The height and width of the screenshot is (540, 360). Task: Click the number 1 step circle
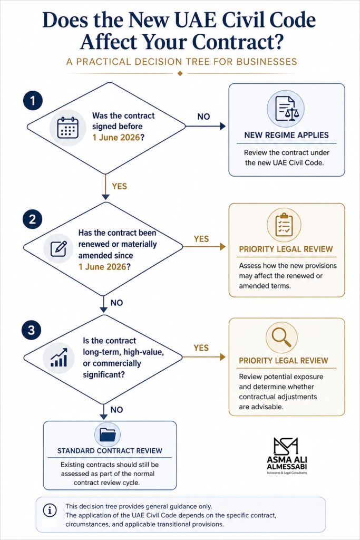(33, 101)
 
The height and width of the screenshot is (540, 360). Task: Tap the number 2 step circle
(32, 219)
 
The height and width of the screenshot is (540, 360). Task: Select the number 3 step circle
(31, 330)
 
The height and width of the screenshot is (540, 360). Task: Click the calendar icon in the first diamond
(68, 128)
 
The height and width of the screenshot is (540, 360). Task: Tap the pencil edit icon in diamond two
(59, 248)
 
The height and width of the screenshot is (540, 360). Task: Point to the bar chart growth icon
(59, 357)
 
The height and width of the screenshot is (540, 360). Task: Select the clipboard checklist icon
(284, 225)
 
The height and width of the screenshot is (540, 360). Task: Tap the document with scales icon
(286, 109)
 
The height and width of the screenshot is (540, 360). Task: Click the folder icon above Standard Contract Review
(108, 435)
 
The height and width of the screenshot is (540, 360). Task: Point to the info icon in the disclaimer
(50, 510)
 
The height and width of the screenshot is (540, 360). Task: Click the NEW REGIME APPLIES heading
(286, 135)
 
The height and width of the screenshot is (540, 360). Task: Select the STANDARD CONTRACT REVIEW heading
(110, 450)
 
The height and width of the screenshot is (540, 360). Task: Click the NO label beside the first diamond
(203, 117)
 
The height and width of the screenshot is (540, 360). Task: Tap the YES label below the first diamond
(119, 186)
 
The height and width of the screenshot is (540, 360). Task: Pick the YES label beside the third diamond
(201, 348)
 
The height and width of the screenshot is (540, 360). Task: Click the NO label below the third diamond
(116, 410)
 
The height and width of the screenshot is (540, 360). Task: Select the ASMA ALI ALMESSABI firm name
(287, 463)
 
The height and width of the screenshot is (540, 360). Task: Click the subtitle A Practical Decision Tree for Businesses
(181, 62)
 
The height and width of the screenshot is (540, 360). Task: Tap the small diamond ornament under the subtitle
(180, 73)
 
